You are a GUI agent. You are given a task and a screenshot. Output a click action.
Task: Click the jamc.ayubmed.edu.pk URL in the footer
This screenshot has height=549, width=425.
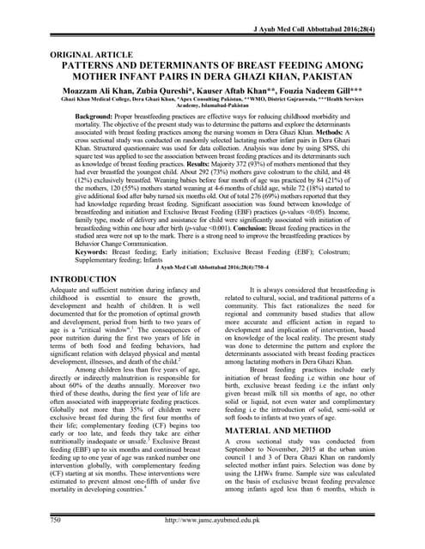coord(212,519)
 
